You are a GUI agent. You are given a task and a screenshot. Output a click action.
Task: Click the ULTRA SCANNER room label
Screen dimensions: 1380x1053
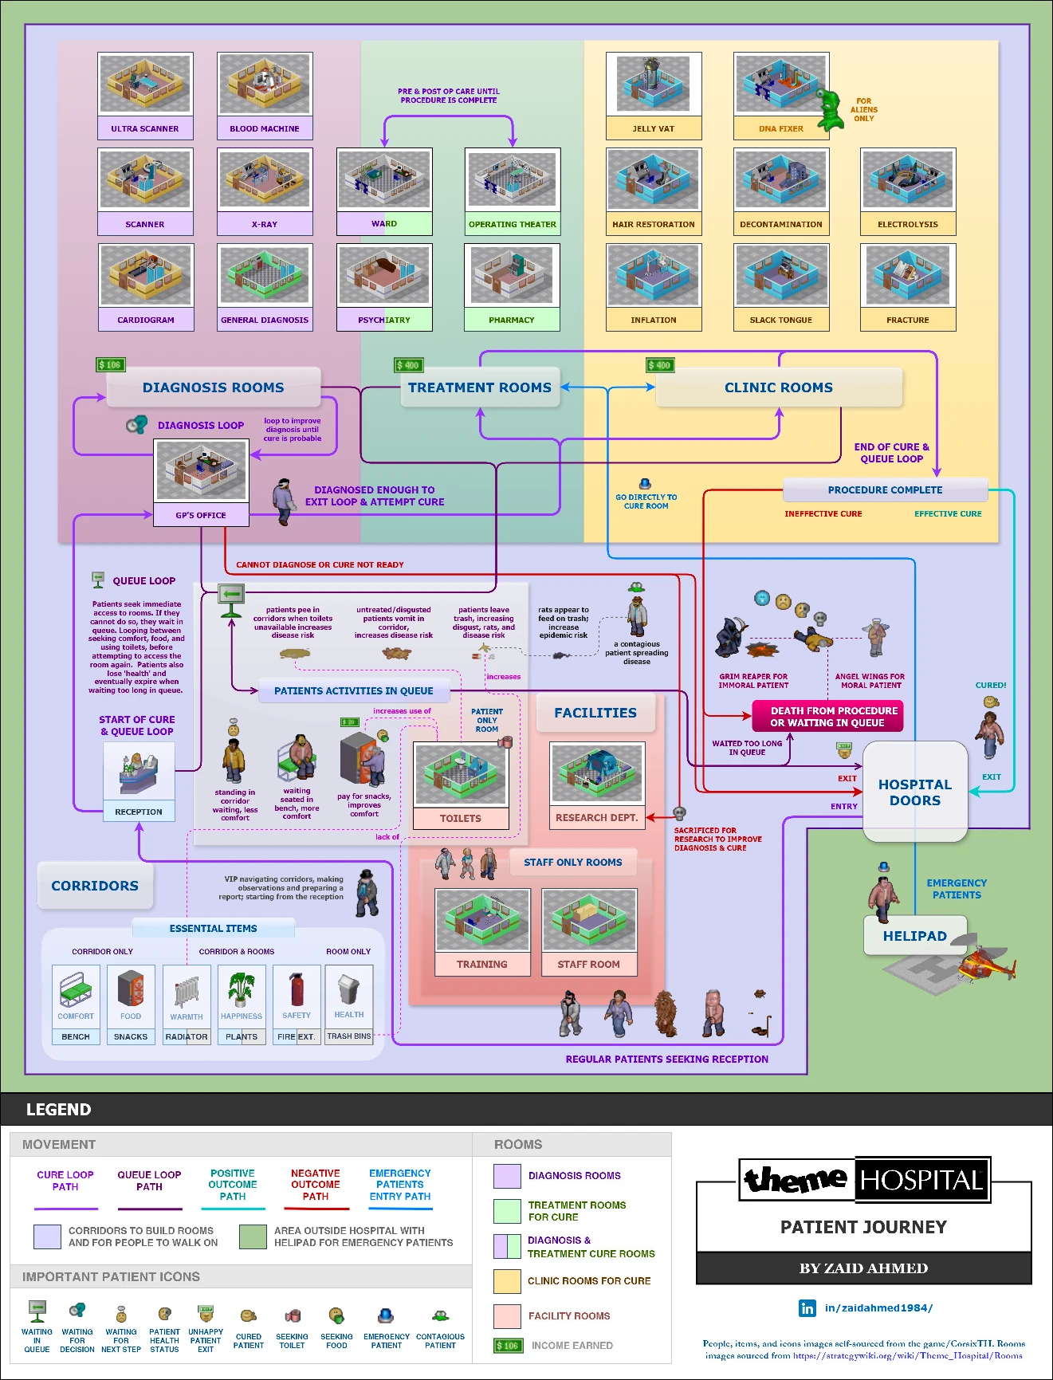coord(145,128)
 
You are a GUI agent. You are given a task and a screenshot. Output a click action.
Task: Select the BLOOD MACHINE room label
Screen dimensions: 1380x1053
coord(265,128)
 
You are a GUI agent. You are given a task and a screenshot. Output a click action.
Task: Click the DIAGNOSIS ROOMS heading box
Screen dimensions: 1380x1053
coord(213,387)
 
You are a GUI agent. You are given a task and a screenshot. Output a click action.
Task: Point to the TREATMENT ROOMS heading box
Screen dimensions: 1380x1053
coord(480,387)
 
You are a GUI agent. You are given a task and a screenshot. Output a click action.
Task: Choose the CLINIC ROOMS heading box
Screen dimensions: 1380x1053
coord(778,387)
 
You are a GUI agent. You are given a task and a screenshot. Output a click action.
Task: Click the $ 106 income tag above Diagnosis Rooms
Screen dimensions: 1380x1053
coord(110,365)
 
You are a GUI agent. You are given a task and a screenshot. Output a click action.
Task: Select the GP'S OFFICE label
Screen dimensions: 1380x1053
coord(201,515)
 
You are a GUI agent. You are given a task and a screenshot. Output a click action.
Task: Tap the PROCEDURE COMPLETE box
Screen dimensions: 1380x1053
coord(885,489)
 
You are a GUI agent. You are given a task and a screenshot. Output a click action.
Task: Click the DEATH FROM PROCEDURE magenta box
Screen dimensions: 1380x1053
coord(827,716)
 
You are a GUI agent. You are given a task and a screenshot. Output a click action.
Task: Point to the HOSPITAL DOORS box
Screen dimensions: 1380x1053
coord(915,792)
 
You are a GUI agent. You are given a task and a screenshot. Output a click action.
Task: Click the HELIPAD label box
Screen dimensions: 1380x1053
coord(914,936)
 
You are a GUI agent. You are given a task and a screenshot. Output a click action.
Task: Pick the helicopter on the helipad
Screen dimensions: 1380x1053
coord(985,964)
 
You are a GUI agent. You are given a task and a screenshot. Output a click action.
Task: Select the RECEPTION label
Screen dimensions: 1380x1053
coord(139,812)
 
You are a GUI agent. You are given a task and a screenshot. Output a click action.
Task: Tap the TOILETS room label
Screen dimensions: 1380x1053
coord(461,818)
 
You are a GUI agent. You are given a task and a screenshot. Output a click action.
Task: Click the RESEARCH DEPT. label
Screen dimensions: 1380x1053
coord(596,818)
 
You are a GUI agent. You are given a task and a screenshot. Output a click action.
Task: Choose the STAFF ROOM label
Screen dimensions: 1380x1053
coord(588,964)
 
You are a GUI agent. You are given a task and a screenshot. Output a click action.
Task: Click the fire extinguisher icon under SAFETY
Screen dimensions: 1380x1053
coord(297,989)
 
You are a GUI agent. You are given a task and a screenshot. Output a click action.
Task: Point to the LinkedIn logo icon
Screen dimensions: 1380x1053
coord(807,1307)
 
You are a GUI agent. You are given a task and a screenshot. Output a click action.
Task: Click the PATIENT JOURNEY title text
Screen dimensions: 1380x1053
coord(863,1227)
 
